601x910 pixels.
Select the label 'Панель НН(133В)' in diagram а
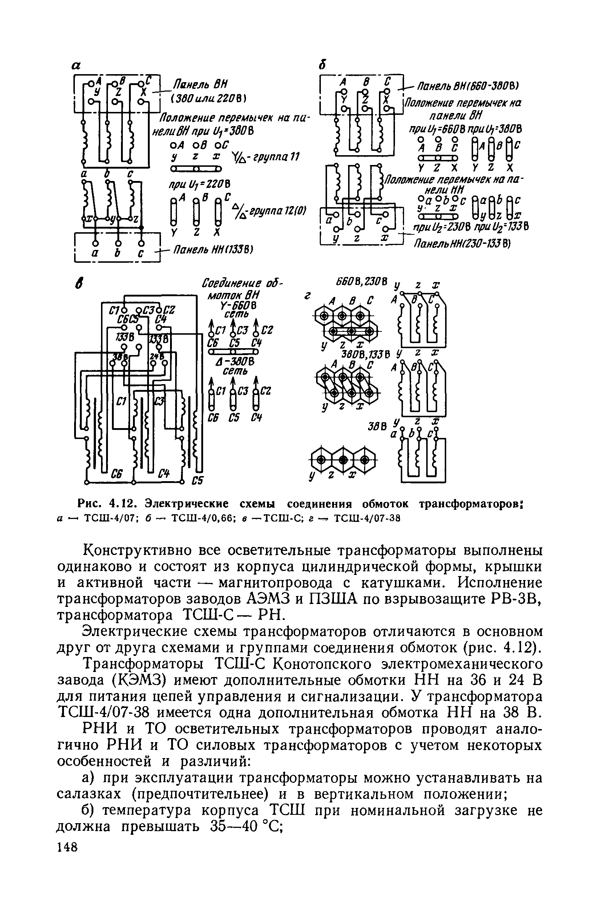213,250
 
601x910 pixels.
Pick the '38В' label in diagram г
376,427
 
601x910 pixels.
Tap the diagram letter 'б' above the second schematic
322,65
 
